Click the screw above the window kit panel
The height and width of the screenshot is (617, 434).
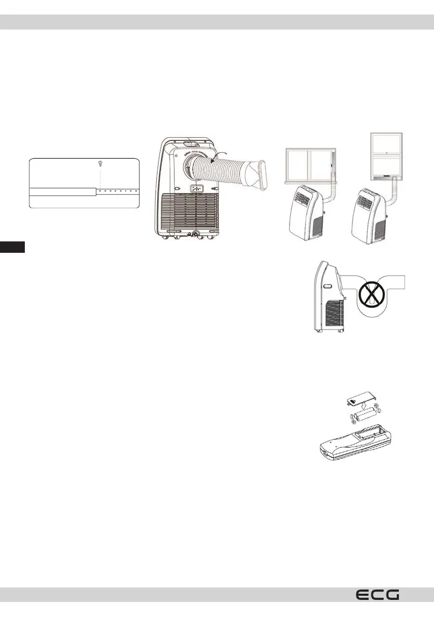(100, 164)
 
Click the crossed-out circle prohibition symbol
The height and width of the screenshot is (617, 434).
(370, 302)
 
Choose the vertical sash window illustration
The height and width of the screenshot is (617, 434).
(387, 155)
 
